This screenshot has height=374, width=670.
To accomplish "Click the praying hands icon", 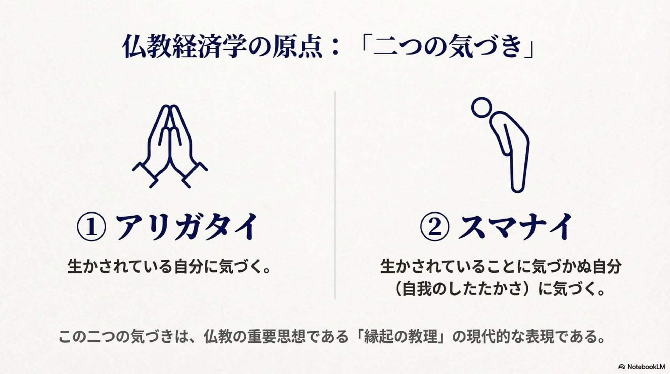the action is click(x=170, y=146).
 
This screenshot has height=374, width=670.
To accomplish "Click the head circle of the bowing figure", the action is click(x=482, y=107).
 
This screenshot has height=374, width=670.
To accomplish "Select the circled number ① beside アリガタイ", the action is click(x=92, y=227).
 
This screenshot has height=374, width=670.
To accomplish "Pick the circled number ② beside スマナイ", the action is click(x=435, y=227).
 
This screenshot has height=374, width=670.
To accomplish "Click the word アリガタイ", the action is click(x=187, y=227).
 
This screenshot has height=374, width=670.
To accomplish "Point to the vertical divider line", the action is click(x=335, y=195).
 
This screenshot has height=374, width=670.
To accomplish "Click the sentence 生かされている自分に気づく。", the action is click(x=169, y=267).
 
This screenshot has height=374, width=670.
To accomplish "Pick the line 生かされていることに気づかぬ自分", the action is click(x=501, y=267).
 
